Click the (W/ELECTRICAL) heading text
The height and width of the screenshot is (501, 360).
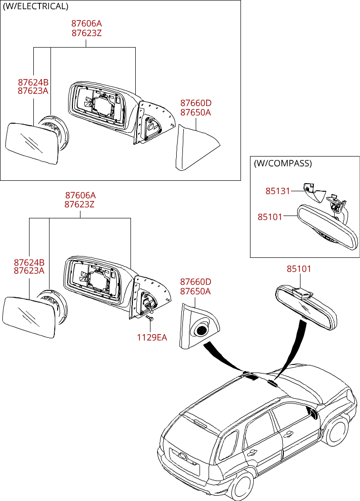[x=36, y=7]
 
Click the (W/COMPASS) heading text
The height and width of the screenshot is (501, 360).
[x=282, y=164]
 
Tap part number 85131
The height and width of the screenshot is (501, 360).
[x=278, y=191]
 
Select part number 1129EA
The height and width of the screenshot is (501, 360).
[x=152, y=337]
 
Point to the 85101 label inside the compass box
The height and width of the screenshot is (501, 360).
[x=270, y=217]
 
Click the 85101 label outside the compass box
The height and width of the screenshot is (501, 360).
[x=299, y=269]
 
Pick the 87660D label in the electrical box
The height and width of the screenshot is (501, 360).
[x=195, y=103]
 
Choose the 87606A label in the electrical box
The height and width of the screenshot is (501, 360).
[x=87, y=23]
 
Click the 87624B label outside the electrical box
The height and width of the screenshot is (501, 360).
[x=29, y=263]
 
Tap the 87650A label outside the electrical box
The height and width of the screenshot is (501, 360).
[x=195, y=291]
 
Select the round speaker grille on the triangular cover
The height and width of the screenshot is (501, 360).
[x=201, y=330]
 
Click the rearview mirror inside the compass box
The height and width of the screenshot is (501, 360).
[x=326, y=226]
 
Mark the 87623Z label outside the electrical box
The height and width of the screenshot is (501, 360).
[x=80, y=205]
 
